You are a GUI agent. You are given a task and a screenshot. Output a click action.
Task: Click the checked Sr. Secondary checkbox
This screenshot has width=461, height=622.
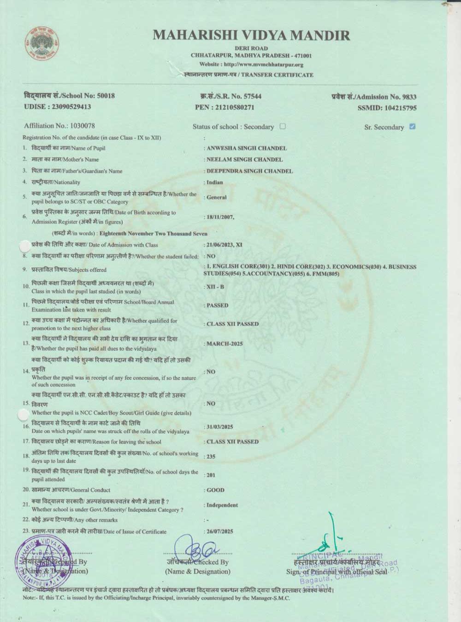point(412,127)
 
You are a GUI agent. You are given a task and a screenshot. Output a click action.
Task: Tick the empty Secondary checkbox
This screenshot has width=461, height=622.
point(283,126)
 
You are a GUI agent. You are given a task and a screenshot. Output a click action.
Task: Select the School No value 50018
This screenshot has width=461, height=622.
point(106,96)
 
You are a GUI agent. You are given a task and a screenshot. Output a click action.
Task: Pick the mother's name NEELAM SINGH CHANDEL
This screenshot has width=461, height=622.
point(245,159)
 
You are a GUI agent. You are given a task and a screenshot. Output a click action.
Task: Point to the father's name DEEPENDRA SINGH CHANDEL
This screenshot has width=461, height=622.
point(249,171)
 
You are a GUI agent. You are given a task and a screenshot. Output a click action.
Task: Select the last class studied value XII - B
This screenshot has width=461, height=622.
point(215,287)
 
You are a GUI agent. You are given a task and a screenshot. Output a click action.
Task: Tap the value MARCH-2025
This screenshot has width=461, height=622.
point(225,344)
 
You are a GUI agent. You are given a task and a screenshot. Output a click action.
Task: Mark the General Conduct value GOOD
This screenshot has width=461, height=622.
point(215,490)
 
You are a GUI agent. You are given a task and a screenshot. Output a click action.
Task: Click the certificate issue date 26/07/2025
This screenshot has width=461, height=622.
point(220,531)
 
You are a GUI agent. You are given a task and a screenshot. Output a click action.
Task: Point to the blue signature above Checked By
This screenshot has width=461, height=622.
point(195,548)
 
